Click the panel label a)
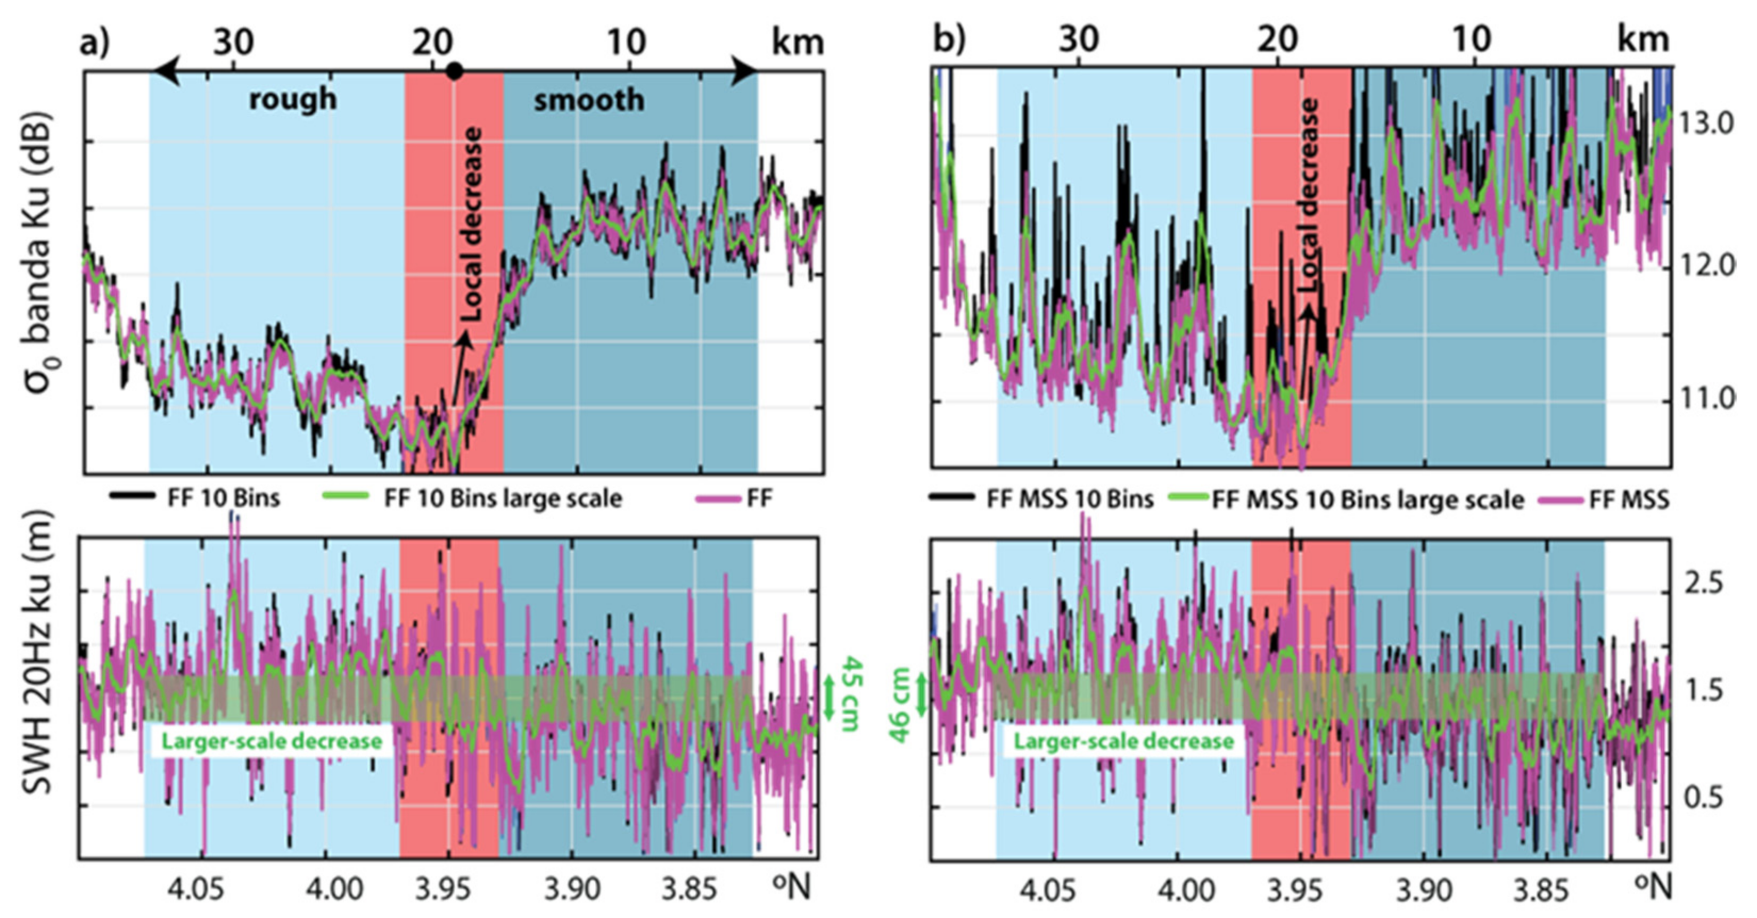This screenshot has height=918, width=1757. tap(94, 42)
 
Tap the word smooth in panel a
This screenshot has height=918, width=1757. tap(589, 100)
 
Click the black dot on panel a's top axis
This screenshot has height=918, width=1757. tap(455, 70)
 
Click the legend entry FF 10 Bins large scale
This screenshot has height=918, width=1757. tap(503, 498)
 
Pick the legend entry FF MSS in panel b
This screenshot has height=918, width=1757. tap(1629, 500)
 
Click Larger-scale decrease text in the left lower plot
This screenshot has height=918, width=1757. tap(272, 741)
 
